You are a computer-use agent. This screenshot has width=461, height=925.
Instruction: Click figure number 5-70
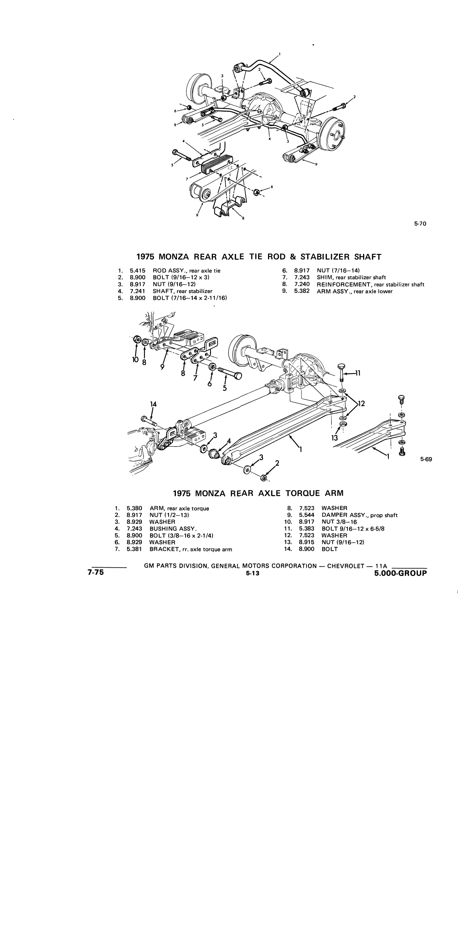[x=420, y=224]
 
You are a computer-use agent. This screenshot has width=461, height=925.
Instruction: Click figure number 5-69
[x=426, y=459]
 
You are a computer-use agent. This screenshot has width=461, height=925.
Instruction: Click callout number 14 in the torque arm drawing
[x=153, y=404]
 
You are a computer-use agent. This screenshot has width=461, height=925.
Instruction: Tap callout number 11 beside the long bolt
[x=358, y=373]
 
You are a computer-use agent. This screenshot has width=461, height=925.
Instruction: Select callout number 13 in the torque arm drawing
[x=334, y=438]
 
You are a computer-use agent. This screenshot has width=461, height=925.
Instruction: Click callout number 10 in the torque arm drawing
[x=136, y=359]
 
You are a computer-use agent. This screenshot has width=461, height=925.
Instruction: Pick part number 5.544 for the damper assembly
[x=306, y=515]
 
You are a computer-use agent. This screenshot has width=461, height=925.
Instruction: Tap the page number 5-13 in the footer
[x=251, y=573]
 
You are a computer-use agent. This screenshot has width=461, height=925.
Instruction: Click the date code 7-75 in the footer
[x=95, y=573]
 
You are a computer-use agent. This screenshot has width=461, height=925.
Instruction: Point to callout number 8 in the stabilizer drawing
[x=243, y=218]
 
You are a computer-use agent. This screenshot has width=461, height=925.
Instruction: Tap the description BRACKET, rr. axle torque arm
[x=191, y=549]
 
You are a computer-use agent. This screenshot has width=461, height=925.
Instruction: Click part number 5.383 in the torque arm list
[x=306, y=529]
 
